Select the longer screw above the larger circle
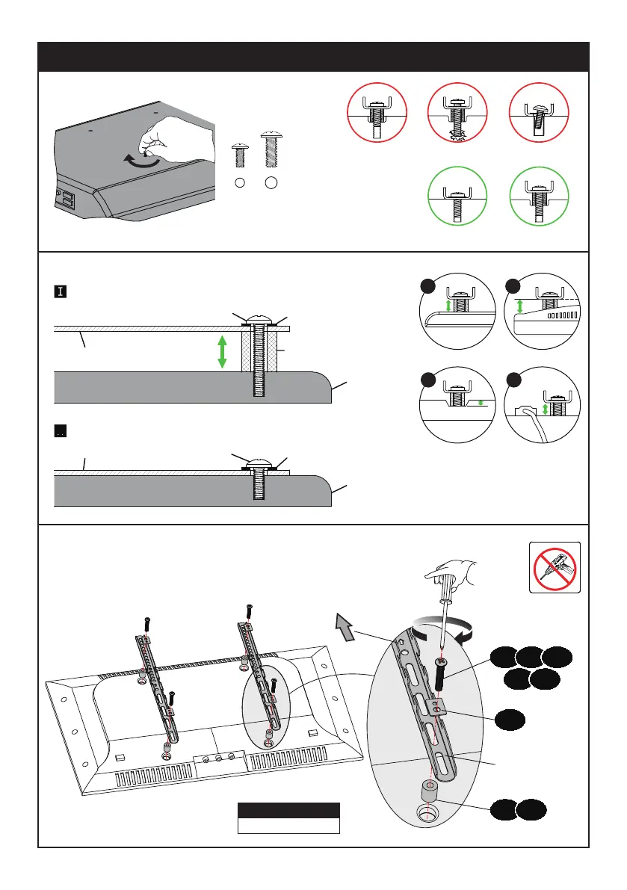pos(271,150)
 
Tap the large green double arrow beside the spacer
pos(222,352)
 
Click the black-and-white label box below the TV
pos(288,818)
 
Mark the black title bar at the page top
pos(313,57)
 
